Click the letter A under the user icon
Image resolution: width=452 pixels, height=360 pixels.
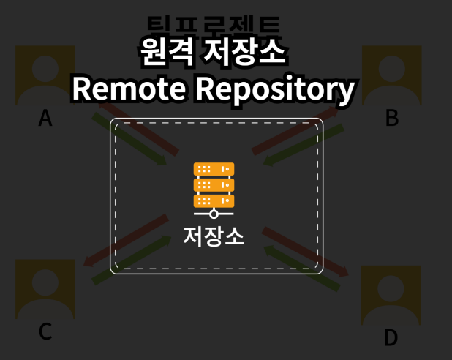45,117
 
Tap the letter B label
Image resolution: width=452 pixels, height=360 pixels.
392,117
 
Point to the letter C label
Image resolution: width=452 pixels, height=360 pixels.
45,331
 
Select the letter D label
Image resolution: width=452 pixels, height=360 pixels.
391,337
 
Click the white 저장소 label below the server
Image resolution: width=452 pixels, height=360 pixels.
214,236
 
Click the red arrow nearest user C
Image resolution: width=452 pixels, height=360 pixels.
124,241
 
